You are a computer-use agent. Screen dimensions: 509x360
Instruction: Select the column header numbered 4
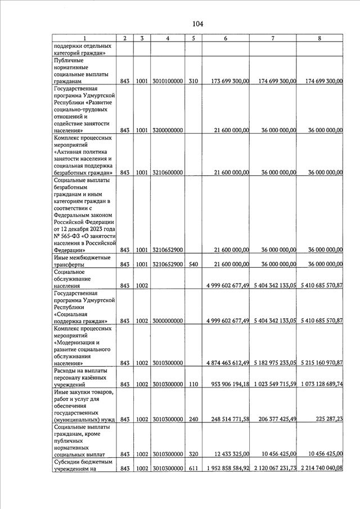point(169,38)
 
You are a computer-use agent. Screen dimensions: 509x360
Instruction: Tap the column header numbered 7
point(273,38)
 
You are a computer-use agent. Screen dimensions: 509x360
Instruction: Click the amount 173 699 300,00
point(230,82)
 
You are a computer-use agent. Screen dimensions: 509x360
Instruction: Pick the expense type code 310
point(193,82)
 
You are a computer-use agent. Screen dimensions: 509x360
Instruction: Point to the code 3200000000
point(168,130)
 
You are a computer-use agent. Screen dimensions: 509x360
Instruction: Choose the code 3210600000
point(168,173)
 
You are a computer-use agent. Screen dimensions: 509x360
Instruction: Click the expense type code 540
point(193,264)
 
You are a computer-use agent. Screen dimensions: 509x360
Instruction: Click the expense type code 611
point(193,468)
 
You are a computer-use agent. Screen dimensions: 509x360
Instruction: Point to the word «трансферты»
point(69,264)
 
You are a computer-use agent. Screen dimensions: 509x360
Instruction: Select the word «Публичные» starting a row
point(69,60)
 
